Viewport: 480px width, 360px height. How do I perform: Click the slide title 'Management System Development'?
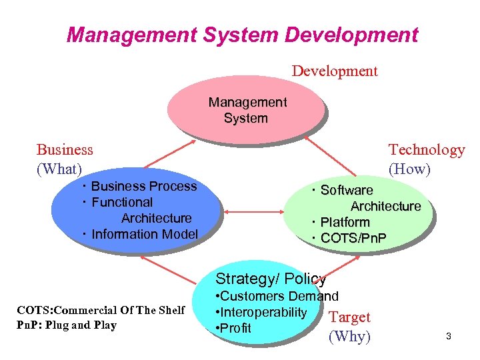point(243,34)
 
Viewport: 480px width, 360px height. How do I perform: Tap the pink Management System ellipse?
point(247,111)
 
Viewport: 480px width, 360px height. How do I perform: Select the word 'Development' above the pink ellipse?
point(335,71)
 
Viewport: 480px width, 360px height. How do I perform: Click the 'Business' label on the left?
point(65,150)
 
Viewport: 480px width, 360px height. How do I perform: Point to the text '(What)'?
point(59,169)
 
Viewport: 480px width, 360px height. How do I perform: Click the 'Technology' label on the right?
point(427,150)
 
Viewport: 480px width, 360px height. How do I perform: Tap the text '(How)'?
point(409,169)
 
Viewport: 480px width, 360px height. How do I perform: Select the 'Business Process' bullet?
point(143,187)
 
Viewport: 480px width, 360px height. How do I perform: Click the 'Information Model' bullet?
point(144,234)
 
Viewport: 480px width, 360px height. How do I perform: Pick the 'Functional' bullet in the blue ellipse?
point(121,202)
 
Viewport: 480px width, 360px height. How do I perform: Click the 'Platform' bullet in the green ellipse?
point(345,222)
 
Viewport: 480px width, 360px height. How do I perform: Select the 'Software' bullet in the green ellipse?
point(346,190)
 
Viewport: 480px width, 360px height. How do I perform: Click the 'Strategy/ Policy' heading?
point(271,279)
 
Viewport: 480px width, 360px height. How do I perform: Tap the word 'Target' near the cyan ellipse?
point(350,317)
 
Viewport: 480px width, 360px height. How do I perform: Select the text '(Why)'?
point(349,336)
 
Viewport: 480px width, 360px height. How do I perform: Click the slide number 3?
point(449,337)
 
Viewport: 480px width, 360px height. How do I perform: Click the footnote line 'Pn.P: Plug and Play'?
point(67,325)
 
